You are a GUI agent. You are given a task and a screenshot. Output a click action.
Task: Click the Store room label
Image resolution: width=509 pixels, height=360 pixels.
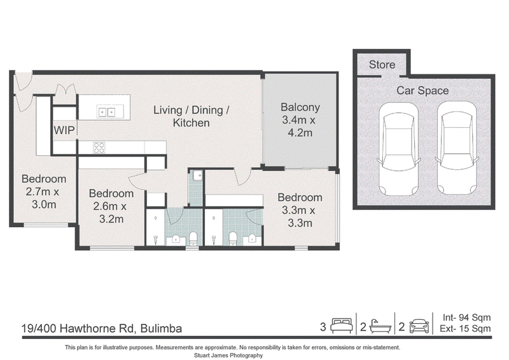(382, 65)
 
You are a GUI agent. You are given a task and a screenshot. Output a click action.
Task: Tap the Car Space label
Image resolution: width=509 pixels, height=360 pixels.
(422, 90)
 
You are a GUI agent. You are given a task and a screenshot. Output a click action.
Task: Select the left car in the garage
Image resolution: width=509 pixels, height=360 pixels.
(398, 149)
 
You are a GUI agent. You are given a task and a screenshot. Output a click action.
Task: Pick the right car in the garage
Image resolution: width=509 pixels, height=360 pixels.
(457, 149)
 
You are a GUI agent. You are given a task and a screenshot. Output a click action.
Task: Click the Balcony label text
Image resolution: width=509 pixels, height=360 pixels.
(300, 120)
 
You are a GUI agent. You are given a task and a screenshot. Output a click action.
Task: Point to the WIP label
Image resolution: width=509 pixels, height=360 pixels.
(64, 130)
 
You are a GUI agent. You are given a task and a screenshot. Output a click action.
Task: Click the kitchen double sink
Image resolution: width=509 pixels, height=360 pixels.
(106, 113)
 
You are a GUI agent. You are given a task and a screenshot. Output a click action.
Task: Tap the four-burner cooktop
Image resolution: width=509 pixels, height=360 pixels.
(99, 148)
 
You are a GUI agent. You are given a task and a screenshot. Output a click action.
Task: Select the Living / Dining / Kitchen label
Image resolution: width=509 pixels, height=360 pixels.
(192, 116)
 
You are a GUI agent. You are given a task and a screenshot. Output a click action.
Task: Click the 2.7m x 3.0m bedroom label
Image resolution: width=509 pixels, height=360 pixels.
(43, 191)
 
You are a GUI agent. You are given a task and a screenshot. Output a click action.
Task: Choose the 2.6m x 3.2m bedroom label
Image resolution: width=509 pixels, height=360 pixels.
(111, 206)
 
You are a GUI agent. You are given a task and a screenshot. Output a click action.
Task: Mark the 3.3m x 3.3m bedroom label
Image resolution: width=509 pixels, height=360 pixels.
(300, 210)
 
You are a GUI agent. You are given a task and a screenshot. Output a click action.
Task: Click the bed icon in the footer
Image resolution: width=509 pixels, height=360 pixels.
(341, 326)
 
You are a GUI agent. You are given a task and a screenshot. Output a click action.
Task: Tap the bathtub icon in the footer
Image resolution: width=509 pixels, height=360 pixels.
(380, 326)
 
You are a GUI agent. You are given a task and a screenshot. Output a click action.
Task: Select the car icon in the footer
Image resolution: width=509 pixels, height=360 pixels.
(419, 326)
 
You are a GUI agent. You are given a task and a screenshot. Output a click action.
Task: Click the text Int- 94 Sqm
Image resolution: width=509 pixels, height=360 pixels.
(466, 317)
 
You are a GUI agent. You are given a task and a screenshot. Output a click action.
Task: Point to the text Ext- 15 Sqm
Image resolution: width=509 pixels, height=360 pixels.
(465, 328)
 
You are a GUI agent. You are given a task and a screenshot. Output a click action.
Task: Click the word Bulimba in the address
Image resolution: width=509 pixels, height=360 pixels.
(161, 328)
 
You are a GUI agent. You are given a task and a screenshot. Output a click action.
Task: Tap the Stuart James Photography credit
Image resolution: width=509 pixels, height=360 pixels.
(228, 356)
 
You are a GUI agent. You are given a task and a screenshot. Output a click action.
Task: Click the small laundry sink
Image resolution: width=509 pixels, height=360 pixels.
(197, 176)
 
